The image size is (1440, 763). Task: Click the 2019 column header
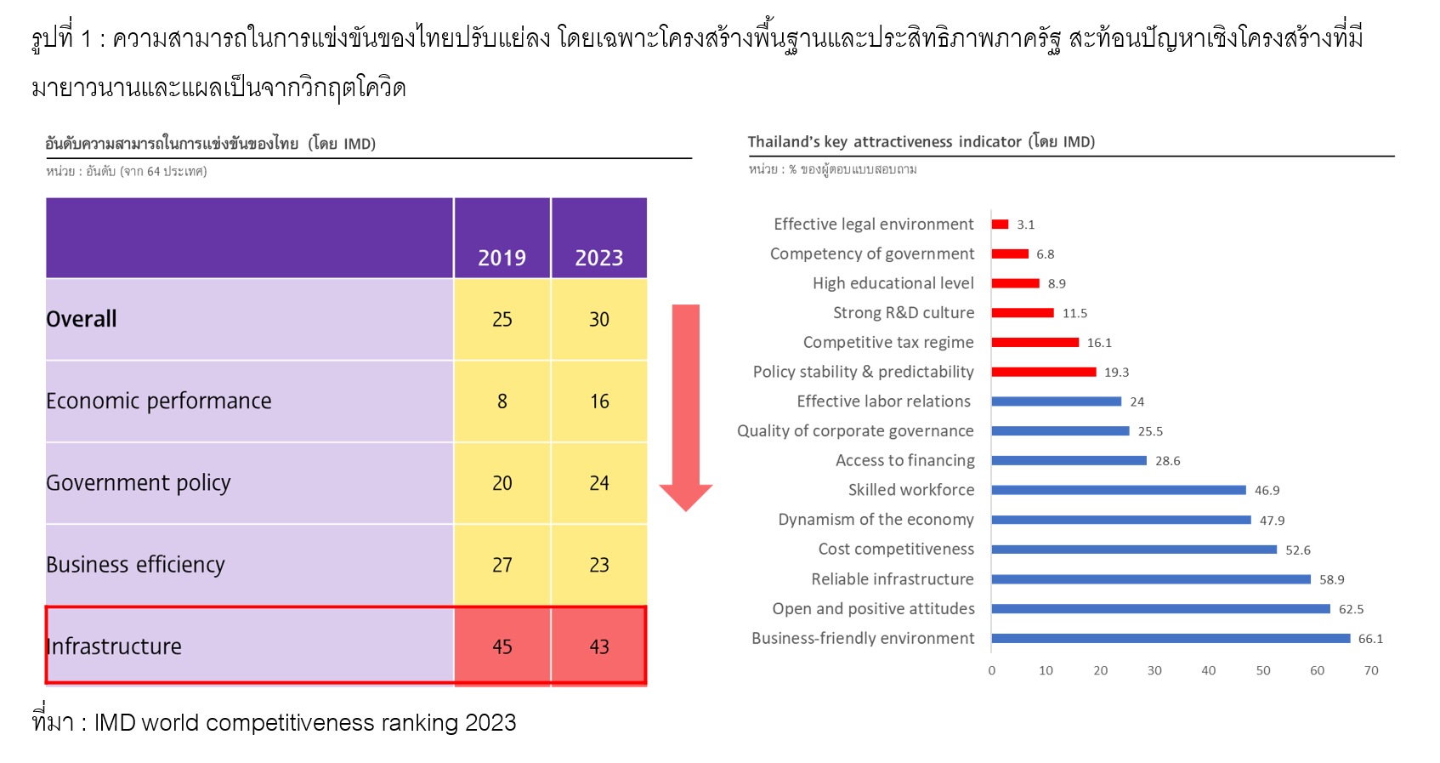coord(502,258)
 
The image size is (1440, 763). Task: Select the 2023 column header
coord(598,258)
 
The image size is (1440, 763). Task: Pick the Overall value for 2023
coord(598,319)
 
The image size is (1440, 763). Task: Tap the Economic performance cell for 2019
coord(502,401)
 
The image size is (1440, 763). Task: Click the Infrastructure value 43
coord(598,646)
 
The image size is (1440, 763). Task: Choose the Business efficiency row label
coord(135,565)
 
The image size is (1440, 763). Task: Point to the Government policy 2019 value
coord(502,483)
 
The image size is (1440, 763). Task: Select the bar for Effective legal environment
coord(1000,225)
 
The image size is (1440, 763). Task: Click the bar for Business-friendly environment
coord(1170,638)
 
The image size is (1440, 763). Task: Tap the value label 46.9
coord(1267,491)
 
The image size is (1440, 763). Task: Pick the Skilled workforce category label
coord(910,490)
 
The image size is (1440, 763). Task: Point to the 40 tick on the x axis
coord(1208,670)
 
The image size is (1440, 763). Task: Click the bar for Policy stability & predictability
coord(1043,372)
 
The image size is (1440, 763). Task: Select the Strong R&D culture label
coord(903,313)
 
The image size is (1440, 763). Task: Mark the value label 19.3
coord(1116,373)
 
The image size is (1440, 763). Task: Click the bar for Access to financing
coord(1069,460)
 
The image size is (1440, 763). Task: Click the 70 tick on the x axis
coord(1370,670)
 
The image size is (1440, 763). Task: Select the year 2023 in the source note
coord(490,722)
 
